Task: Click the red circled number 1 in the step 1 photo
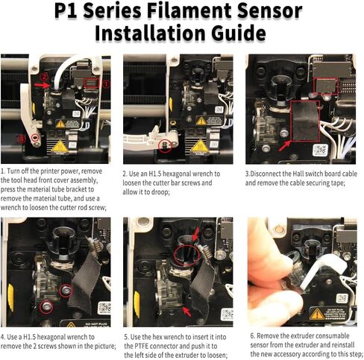(106, 84)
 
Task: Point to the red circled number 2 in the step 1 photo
(44, 77)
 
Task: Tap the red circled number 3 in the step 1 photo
(22, 139)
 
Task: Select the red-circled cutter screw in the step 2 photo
(164, 145)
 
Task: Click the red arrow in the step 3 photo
(285, 146)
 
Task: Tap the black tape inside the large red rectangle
(305, 121)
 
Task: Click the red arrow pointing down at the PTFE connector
(195, 235)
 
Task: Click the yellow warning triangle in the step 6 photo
(317, 315)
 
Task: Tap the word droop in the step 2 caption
(158, 192)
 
